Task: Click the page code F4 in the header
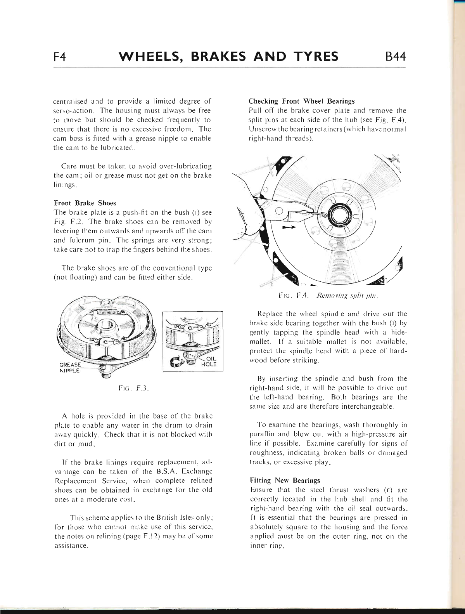coord(61,57)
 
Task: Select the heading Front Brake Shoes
coord(85,203)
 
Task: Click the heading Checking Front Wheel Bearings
coord(301,101)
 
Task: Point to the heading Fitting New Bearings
coord(284,480)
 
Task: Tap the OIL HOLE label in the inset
coord(206,361)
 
